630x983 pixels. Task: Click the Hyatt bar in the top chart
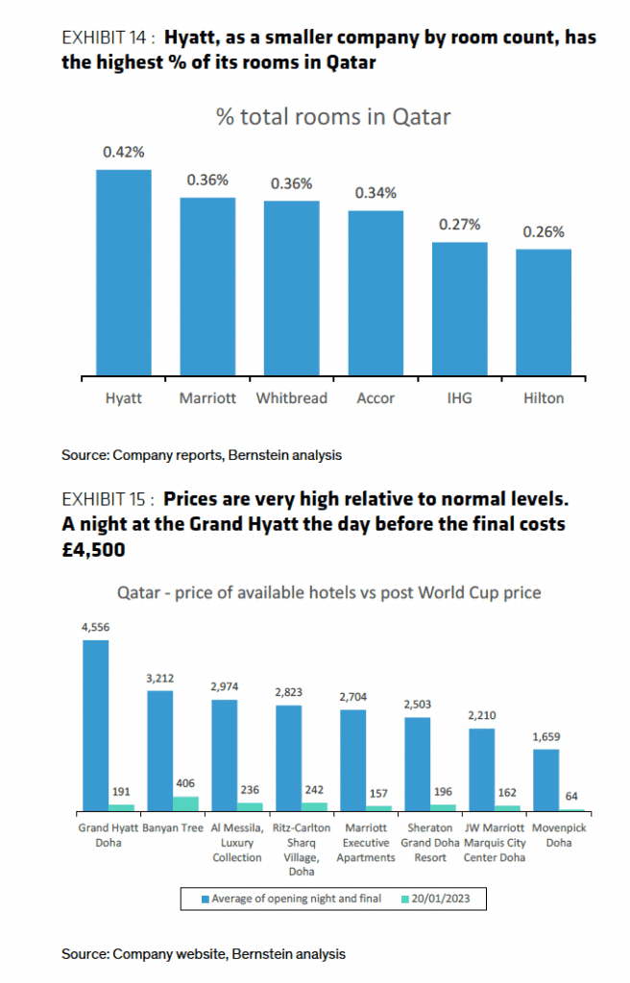pos(123,274)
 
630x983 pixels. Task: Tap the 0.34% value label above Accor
pos(376,193)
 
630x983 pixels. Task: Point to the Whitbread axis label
pos(291,398)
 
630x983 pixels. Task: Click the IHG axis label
pos(459,398)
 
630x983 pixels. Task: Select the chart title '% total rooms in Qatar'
pos(333,117)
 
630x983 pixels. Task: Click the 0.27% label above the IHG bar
pos(459,224)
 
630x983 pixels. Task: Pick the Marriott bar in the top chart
pos(207,287)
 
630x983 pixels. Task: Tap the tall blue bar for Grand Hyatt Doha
pos(96,726)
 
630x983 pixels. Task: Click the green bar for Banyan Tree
pos(185,803)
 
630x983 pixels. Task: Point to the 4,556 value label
pos(96,627)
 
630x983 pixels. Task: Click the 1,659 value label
pos(545,736)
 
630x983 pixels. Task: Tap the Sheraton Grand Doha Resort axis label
pos(429,842)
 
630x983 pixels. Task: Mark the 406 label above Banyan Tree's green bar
pos(185,783)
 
